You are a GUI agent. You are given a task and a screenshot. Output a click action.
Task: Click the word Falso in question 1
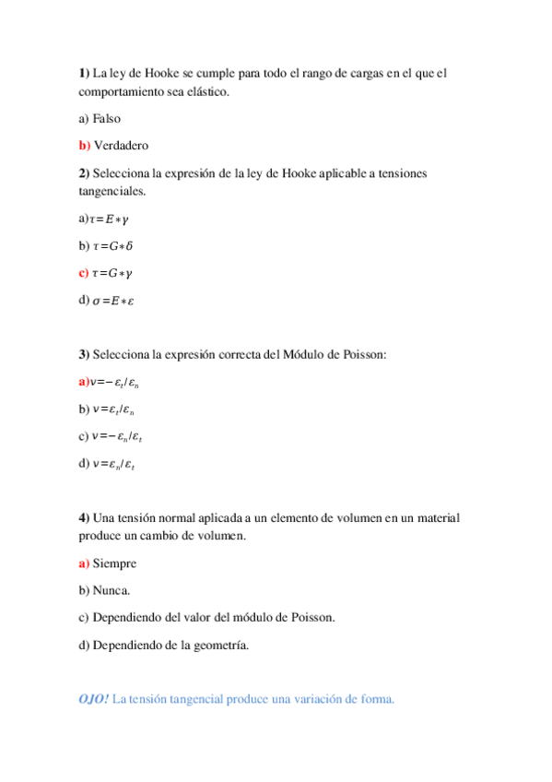tap(107, 119)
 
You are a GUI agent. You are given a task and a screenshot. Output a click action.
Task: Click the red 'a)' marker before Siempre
tap(84, 563)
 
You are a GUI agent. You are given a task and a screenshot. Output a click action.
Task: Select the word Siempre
tap(115, 563)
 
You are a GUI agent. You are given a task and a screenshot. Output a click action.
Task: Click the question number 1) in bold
tap(83, 73)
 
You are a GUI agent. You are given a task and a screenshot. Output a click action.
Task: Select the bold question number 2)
tap(84, 172)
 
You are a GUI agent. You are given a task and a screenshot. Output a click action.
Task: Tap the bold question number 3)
tap(84, 354)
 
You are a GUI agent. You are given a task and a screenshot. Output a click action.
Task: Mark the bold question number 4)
tap(84, 517)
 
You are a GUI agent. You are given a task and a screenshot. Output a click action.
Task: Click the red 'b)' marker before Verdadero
tap(85, 146)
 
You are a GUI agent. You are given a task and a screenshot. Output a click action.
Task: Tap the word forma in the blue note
tap(377, 699)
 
